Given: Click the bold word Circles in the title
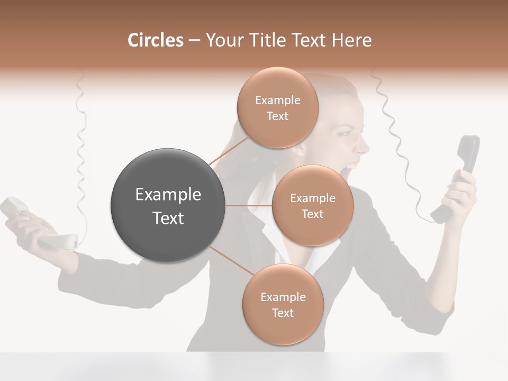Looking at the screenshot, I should tap(155, 40).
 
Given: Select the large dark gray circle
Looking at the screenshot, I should tap(168, 205).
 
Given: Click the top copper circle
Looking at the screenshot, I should tap(277, 107).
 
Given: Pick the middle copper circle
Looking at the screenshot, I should tap(312, 205).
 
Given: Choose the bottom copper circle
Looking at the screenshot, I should tap(283, 304).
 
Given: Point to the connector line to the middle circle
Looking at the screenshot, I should tap(249, 205).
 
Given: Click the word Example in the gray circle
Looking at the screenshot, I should tap(168, 195).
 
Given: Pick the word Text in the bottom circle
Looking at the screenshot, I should tap(283, 313).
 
